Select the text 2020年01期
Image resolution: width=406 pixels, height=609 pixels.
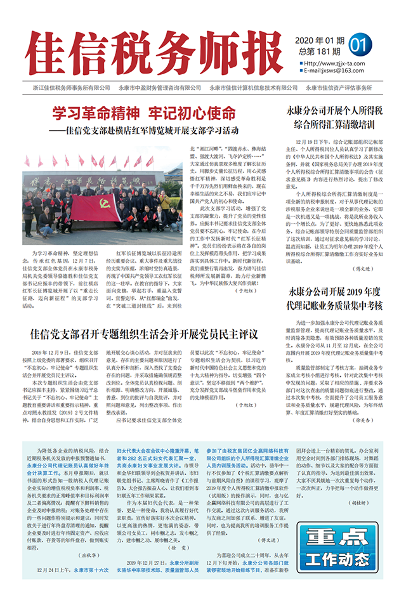click(320, 40)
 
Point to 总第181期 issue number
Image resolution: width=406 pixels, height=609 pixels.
click(320, 51)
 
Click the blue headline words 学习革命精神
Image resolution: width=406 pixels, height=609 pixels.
click(96, 114)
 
